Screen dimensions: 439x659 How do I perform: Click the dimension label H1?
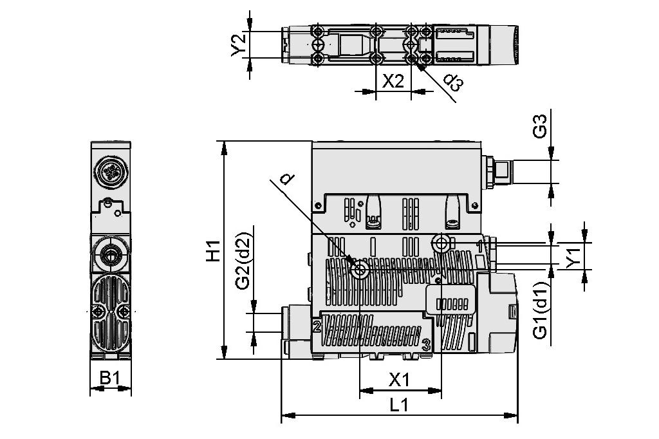coord(213,251)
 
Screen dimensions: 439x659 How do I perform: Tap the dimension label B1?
coord(110,378)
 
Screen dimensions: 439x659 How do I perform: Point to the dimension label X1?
coord(400,380)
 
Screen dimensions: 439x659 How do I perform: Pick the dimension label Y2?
coord(239,45)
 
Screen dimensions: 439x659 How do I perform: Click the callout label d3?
coord(453,82)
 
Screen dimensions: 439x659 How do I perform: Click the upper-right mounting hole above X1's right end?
coord(441,243)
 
